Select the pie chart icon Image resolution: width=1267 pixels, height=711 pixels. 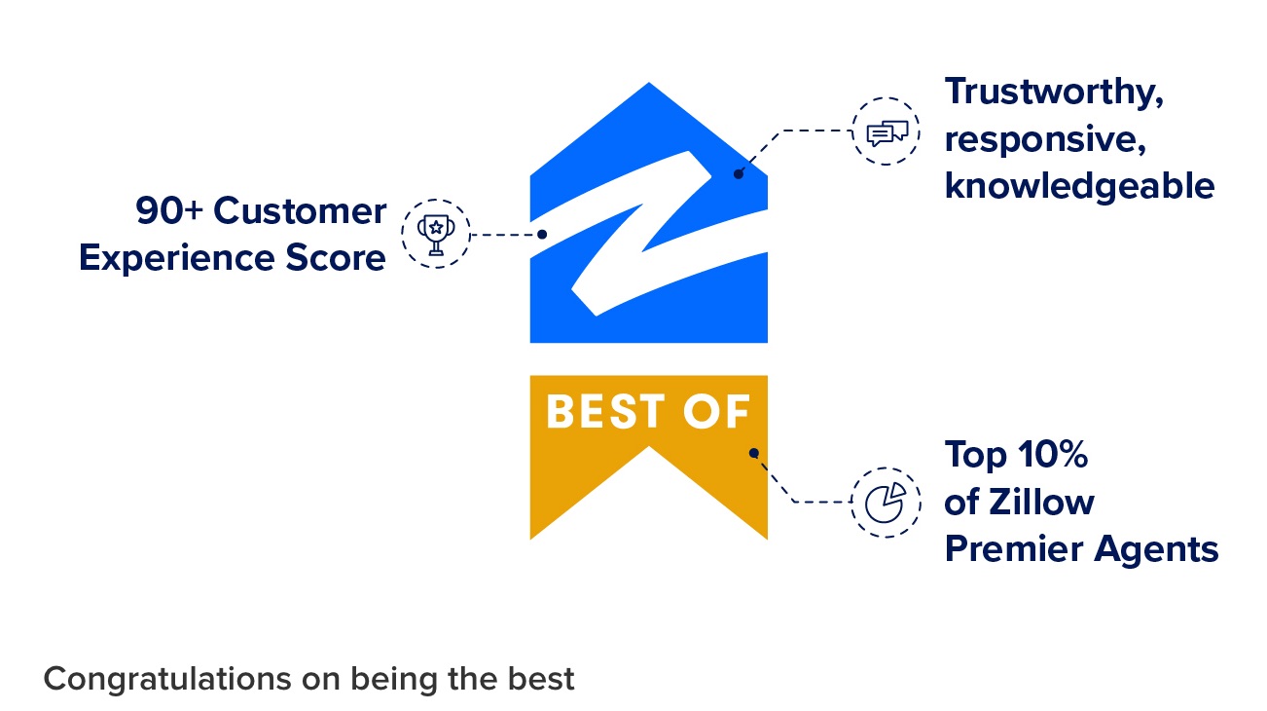[x=886, y=503]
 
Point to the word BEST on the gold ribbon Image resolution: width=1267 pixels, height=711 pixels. [x=605, y=412]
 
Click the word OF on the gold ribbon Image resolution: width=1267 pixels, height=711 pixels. [x=716, y=412]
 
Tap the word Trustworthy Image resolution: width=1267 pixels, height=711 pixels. [x=1054, y=93]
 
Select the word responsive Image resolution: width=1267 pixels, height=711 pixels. [x=1045, y=140]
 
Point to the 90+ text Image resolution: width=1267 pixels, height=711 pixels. [x=168, y=210]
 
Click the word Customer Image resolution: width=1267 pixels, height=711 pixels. [x=300, y=210]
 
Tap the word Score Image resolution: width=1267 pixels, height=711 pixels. [x=336, y=258]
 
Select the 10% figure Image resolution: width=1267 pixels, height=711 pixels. [x=1053, y=455]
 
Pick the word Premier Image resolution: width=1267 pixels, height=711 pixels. [x=1014, y=549]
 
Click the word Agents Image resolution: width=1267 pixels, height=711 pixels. [x=1156, y=550]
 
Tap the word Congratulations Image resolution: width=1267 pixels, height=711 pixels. [x=168, y=680]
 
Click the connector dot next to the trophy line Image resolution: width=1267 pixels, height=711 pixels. [x=542, y=235]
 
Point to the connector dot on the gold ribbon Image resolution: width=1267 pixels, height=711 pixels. [x=753, y=453]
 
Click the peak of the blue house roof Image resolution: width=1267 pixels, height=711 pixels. [x=649, y=84]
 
